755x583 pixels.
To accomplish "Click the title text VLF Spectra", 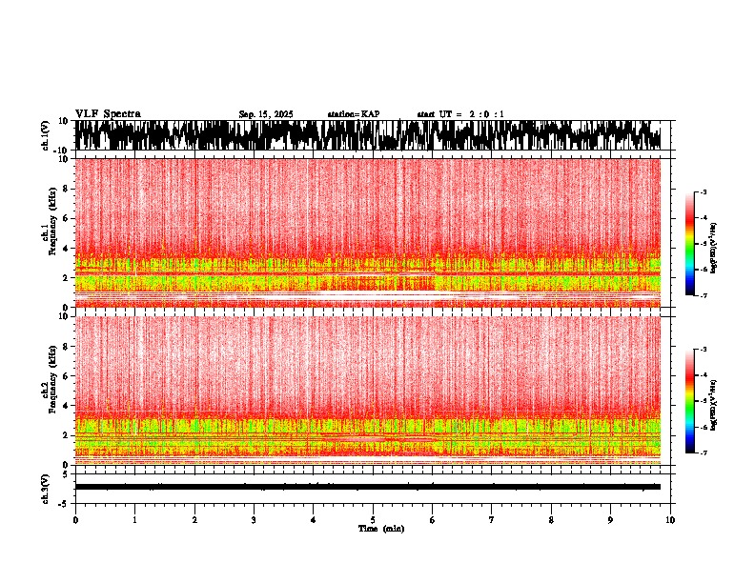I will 108,113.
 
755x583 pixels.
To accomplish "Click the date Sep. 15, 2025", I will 266,114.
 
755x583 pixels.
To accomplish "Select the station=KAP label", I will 354,114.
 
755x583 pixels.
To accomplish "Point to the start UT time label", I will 460,114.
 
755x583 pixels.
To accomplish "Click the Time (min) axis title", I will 380,529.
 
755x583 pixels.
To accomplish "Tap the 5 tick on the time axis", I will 373,520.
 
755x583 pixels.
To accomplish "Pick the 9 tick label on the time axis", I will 611,520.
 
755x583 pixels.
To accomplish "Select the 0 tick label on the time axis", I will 75,520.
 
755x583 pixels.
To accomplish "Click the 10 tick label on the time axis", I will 670,520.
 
